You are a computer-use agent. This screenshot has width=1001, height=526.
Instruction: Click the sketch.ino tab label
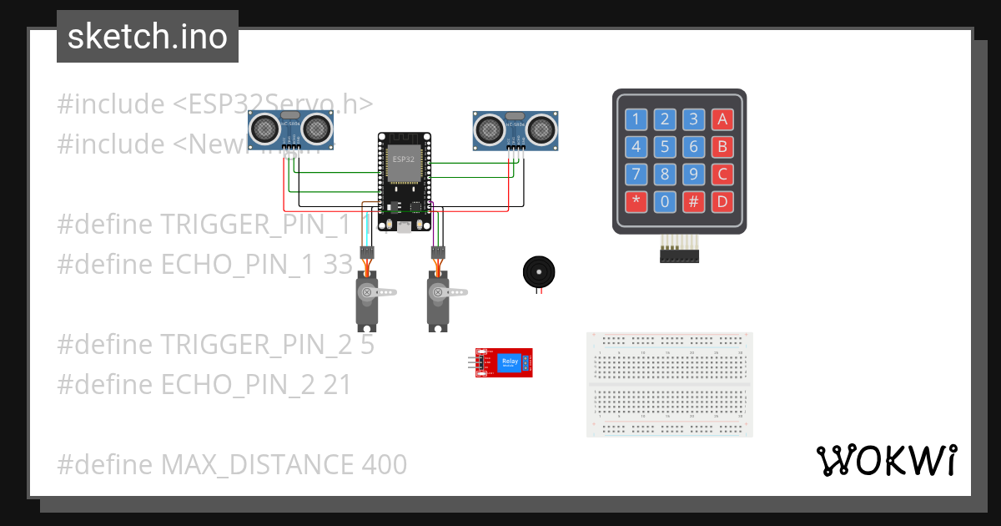click(147, 37)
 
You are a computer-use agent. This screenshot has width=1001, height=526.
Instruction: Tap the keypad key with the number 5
click(665, 148)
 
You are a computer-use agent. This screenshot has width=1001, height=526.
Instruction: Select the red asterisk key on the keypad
click(636, 201)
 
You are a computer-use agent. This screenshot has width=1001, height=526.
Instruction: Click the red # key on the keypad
click(693, 201)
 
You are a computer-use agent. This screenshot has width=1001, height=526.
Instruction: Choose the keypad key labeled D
click(722, 201)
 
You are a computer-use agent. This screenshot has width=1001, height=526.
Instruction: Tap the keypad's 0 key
click(665, 201)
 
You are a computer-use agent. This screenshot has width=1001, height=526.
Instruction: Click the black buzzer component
click(538, 273)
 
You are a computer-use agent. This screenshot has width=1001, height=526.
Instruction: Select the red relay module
click(504, 363)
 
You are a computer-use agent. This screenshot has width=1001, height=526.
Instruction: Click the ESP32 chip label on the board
click(404, 159)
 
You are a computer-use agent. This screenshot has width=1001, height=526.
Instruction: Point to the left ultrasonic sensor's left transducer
click(265, 128)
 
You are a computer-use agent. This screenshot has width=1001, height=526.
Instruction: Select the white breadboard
click(670, 384)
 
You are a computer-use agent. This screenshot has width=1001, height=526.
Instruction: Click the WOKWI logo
click(885, 460)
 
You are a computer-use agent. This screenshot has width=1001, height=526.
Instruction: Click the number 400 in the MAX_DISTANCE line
click(385, 464)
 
